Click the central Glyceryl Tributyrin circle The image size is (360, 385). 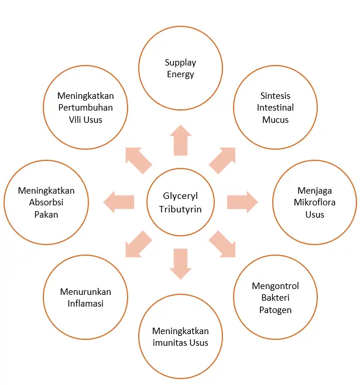[x=180, y=202]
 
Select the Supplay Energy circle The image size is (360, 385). [x=180, y=68]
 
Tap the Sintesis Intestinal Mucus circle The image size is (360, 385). [x=276, y=108]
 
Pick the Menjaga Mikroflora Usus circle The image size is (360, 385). [x=315, y=202]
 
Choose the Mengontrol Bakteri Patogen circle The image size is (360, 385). [x=276, y=298]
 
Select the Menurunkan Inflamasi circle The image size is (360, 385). [x=85, y=298]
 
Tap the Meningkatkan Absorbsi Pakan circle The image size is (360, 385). [x=46, y=202]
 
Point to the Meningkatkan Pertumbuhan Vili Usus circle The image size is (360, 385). [x=85, y=108]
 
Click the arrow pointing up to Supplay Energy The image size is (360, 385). [x=180, y=140]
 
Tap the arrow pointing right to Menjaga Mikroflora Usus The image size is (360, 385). [x=242, y=202]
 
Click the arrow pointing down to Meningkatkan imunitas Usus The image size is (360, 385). [x=180, y=264]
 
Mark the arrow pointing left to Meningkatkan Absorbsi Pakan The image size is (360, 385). [x=119, y=202]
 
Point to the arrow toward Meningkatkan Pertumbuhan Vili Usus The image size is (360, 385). [x=139, y=160]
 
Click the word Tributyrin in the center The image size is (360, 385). [x=180, y=209]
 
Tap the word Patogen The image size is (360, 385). [x=276, y=310]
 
